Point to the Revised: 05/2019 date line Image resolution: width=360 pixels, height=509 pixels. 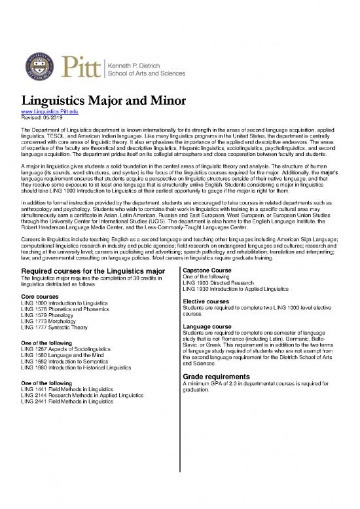[x=43, y=119]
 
